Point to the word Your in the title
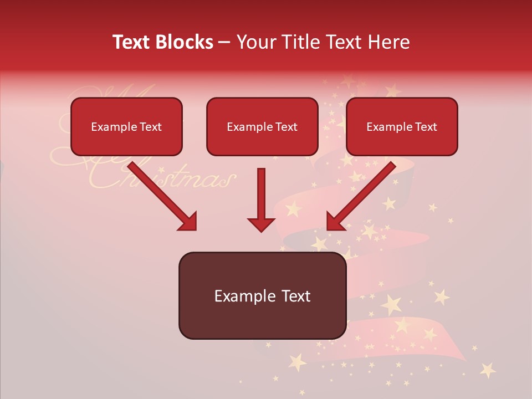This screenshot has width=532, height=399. point(255,42)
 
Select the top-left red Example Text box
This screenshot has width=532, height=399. point(126,126)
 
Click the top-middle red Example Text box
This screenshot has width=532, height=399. point(262,126)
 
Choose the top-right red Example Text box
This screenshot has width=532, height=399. point(402,126)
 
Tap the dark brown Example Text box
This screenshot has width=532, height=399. point(262,295)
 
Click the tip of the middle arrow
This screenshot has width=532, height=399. point(261,229)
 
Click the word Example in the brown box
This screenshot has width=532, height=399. point(241,296)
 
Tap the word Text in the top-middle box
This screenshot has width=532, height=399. point(286,127)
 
